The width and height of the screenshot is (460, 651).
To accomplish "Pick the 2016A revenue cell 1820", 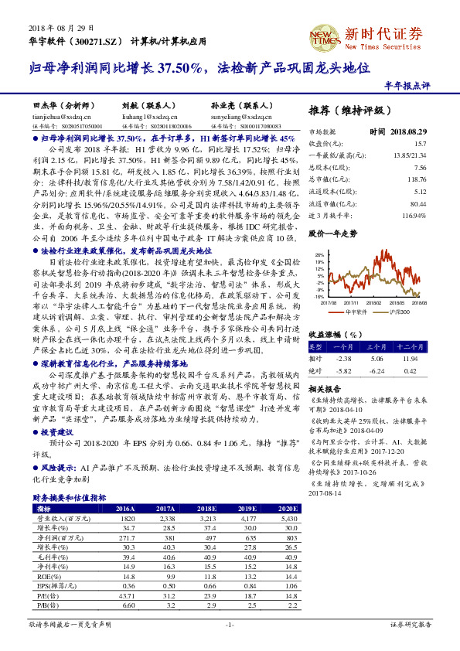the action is pyautogui.click(x=125, y=517).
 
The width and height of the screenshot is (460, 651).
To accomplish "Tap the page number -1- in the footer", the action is pyautogui.click(x=229, y=624).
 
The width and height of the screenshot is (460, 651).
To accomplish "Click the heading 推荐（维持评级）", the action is pyautogui.click(x=349, y=110).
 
